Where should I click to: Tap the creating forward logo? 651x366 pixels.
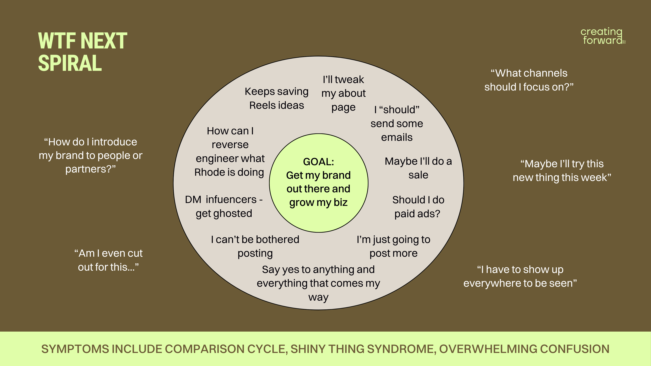pyautogui.click(x=603, y=36)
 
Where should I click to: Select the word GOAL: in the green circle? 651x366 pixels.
pyautogui.click(x=318, y=162)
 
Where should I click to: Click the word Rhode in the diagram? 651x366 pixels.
pyautogui.click(x=210, y=172)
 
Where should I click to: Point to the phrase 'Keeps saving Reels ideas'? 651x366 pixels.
pyautogui.click(x=277, y=98)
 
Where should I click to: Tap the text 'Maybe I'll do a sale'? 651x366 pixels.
pyautogui.click(x=418, y=168)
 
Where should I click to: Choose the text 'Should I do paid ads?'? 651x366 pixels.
pyautogui.click(x=418, y=207)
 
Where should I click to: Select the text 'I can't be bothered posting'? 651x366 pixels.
pyautogui.click(x=255, y=246)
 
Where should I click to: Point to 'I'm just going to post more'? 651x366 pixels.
pyautogui.click(x=393, y=246)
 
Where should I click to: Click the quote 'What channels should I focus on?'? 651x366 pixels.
pyautogui.click(x=529, y=80)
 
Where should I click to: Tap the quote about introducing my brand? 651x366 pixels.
pyautogui.click(x=91, y=155)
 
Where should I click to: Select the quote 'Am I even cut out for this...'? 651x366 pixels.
pyautogui.click(x=108, y=260)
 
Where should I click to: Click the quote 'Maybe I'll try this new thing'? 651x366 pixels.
pyautogui.click(x=562, y=170)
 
